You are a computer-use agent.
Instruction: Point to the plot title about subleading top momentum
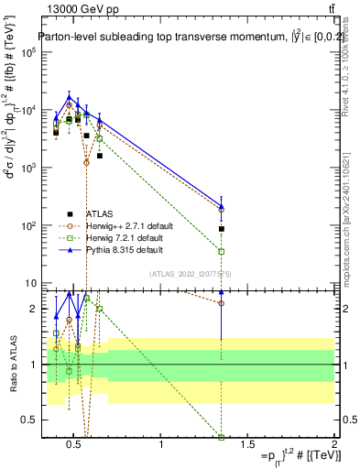183,38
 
